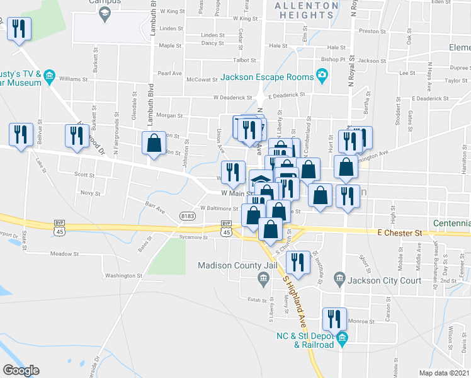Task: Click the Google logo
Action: [21, 370]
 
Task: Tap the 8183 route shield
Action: [187, 216]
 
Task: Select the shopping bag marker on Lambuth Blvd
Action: [154, 143]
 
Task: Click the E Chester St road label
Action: [400, 233]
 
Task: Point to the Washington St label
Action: [123, 275]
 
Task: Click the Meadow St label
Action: [64, 254]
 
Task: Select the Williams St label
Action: [73, 79]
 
